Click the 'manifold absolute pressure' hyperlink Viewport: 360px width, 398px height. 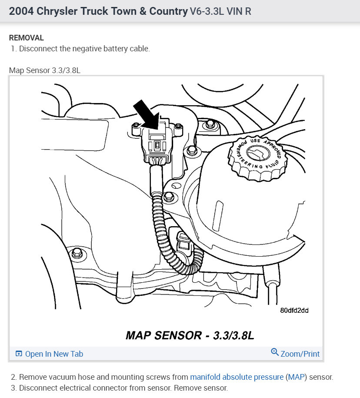[x=237, y=377]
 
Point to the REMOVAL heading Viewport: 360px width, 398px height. [x=27, y=38]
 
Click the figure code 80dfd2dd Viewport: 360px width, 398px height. [x=294, y=311]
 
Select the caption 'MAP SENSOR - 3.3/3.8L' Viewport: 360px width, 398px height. [x=190, y=335]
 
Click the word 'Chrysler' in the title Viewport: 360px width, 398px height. [x=57, y=11]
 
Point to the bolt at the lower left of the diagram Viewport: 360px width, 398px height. [x=77, y=253]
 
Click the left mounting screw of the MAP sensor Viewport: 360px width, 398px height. [x=136, y=125]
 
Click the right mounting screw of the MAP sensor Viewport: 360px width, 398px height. [x=178, y=126]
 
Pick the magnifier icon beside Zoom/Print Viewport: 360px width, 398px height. [x=275, y=352]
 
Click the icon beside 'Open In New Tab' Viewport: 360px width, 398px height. [x=19, y=354]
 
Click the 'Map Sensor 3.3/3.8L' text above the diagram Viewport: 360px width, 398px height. [x=45, y=70]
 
